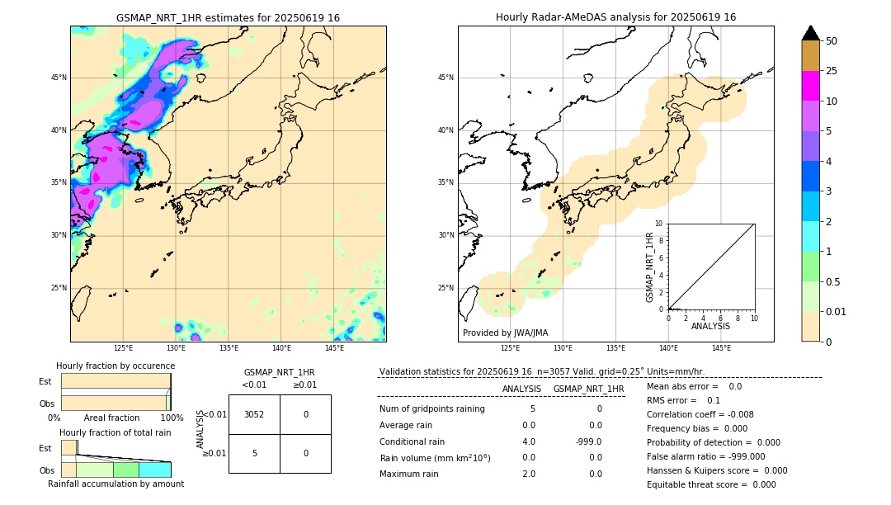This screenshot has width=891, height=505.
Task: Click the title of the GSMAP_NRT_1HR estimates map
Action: [x=228, y=17]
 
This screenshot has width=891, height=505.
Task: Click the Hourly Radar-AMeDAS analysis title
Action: [x=615, y=17]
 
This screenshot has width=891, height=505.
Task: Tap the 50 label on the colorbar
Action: [x=832, y=41]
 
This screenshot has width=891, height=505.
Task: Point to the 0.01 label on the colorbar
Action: [x=835, y=311]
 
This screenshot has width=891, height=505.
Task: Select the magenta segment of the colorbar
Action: [x=810, y=86]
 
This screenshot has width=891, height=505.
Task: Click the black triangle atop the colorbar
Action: [x=810, y=33]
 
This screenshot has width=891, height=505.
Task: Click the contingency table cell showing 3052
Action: [x=254, y=414]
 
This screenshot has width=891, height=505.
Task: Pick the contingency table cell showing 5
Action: [x=254, y=453]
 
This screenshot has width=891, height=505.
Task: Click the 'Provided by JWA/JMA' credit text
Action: [x=505, y=333]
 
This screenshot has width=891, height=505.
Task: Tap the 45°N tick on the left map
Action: [x=59, y=78]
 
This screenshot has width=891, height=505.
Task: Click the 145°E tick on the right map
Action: [x=721, y=349]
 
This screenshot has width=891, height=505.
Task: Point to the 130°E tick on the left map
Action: [x=176, y=349]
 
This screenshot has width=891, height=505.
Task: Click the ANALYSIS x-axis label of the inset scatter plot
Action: [x=710, y=326]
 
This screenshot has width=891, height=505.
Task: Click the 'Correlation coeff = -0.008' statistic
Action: [x=700, y=414]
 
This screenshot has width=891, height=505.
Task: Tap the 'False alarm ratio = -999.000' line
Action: [x=705, y=456]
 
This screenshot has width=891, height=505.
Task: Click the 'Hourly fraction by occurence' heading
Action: [x=115, y=366]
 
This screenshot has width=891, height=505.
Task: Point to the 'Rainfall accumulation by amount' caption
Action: [x=115, y=484]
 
